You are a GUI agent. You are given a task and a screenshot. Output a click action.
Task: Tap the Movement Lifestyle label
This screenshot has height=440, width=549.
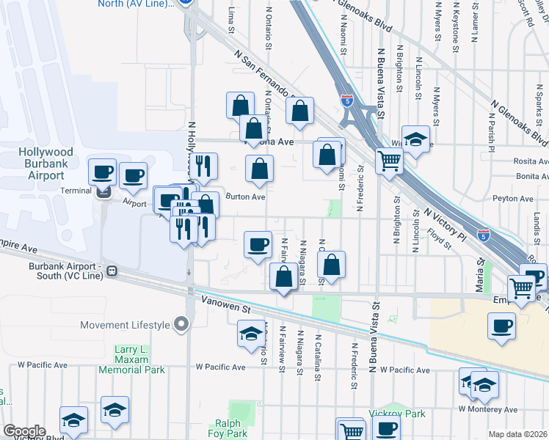point(125,325)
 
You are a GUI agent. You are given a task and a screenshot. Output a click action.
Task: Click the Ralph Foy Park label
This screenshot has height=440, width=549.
point(233,428)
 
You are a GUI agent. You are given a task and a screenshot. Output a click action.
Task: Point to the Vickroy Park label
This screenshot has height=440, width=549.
point(397,414)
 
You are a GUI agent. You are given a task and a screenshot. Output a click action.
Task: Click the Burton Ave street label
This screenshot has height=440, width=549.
point(244,197)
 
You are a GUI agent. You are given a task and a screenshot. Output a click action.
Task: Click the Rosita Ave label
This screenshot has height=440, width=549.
point(532,161)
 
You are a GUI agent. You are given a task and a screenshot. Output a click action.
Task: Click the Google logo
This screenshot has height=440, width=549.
point(23,431)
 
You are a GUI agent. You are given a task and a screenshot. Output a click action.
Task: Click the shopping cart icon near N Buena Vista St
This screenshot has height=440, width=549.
point(389,160)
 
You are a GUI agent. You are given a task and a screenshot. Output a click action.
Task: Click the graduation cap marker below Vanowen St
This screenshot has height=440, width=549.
point(251,334)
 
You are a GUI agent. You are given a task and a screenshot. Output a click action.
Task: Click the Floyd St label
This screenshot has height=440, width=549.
point(439,236)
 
